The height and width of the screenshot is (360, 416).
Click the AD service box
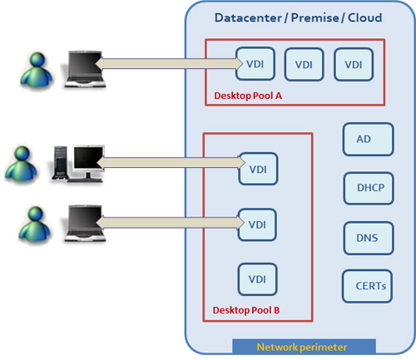(x=368, y=140)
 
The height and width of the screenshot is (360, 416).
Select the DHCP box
(x=368, y=189)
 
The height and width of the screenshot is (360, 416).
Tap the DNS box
(x=368, y=238)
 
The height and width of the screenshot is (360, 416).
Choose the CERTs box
(x=367, y=286)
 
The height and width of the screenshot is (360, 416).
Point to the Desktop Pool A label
(x=248, y=96)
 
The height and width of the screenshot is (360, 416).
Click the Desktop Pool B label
(x=246, y=311)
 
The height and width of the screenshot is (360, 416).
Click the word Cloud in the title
(x=362, y=17)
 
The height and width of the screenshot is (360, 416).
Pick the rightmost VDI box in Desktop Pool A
(x=354, y=63)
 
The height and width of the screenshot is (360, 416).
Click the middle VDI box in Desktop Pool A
(x=305, y=63)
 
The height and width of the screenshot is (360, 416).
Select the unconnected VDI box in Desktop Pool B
(x=257, y=279)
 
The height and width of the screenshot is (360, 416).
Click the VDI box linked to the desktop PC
(x=257, y=169)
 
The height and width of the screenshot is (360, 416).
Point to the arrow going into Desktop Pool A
(x=166, y=62)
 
